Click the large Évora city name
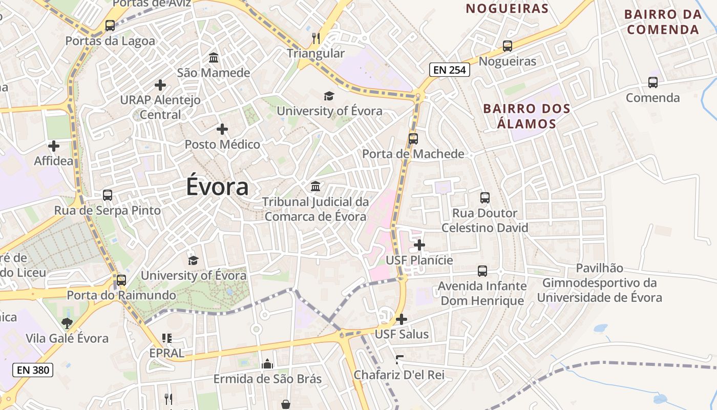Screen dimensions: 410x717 pos(217,187)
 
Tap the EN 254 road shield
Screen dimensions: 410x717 pos(449,70)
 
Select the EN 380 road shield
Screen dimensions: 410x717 pos(33,369)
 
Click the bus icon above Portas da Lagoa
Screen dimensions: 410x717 pos(110,25)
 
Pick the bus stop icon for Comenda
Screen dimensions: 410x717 pos(652,82)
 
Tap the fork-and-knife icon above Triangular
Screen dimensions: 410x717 pos(316,38)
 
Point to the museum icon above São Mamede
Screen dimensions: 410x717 pos(214,57)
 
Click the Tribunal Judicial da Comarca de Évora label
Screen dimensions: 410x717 pos(315,209)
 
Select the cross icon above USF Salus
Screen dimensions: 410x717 pos(402,319)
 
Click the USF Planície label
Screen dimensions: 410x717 pos(419,260)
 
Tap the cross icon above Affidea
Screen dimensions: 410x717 pos(54,146)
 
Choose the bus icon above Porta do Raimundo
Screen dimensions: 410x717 pos(121,280)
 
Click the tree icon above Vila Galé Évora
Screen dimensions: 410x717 pos(67,323)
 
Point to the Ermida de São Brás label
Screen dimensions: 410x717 pos(267,379)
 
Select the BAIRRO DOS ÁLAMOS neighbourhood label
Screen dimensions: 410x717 pos(520,116)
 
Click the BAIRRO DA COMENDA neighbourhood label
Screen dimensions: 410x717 pos(663,22)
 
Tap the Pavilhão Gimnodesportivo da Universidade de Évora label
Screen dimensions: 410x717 pos(599,283)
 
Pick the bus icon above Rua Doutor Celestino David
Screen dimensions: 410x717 pos(484,197)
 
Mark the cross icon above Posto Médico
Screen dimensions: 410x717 pos(222,129)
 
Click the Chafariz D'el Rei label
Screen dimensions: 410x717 pos(399,375)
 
